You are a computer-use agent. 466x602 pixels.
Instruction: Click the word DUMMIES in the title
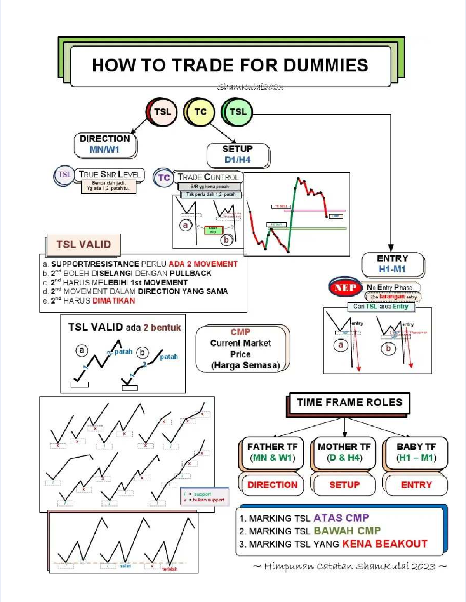[325, 65]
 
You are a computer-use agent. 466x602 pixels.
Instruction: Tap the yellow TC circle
[200, 112]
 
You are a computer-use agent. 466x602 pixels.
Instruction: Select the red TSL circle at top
[162, 112]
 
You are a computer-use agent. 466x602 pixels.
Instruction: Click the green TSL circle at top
[238, 112]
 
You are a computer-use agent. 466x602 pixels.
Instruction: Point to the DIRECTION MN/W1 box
[105, 144]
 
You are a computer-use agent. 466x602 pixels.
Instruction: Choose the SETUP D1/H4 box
[238, 154]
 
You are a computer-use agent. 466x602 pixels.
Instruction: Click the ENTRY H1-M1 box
[393, 264]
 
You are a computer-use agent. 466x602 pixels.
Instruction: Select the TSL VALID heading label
[83, 245]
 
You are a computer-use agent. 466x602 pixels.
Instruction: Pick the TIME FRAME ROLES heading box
[349, 402]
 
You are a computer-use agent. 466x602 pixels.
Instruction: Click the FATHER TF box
[272, 452]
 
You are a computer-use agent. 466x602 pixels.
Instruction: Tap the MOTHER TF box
[344, 452]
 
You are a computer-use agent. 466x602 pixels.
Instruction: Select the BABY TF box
[416, 452]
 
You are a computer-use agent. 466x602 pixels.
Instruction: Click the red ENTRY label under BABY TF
[416, 485]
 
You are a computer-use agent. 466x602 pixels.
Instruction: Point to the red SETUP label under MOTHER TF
[344, 485]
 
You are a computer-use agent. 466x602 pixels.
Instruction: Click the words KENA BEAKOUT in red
[384, 544]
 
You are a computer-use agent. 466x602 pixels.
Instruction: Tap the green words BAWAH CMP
[347, 531]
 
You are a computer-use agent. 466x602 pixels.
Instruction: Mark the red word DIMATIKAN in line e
[114, 301]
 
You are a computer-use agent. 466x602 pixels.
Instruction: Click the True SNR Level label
[110, 175]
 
